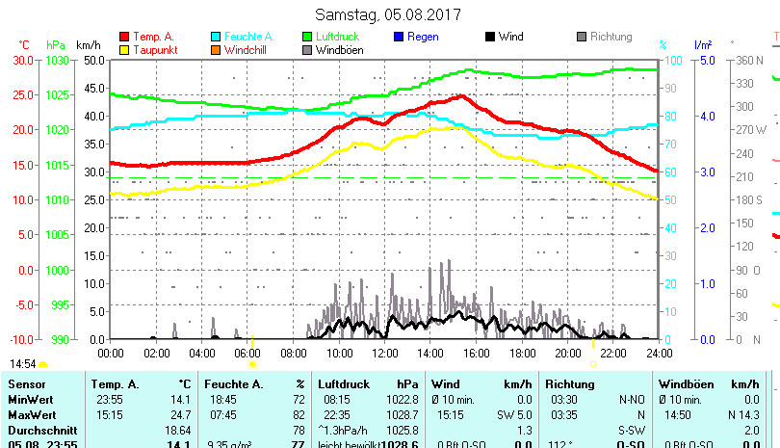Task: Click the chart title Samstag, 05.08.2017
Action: pos(388,15)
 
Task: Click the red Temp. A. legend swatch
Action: pos(124,37)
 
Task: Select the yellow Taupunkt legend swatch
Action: pos(124,50)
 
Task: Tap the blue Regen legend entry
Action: pos(423,37)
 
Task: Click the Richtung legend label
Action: pos(611,37)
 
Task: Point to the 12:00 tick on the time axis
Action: pos(384,352)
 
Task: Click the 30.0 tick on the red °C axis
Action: pos(23,60)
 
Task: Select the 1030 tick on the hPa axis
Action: pos(57,60)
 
